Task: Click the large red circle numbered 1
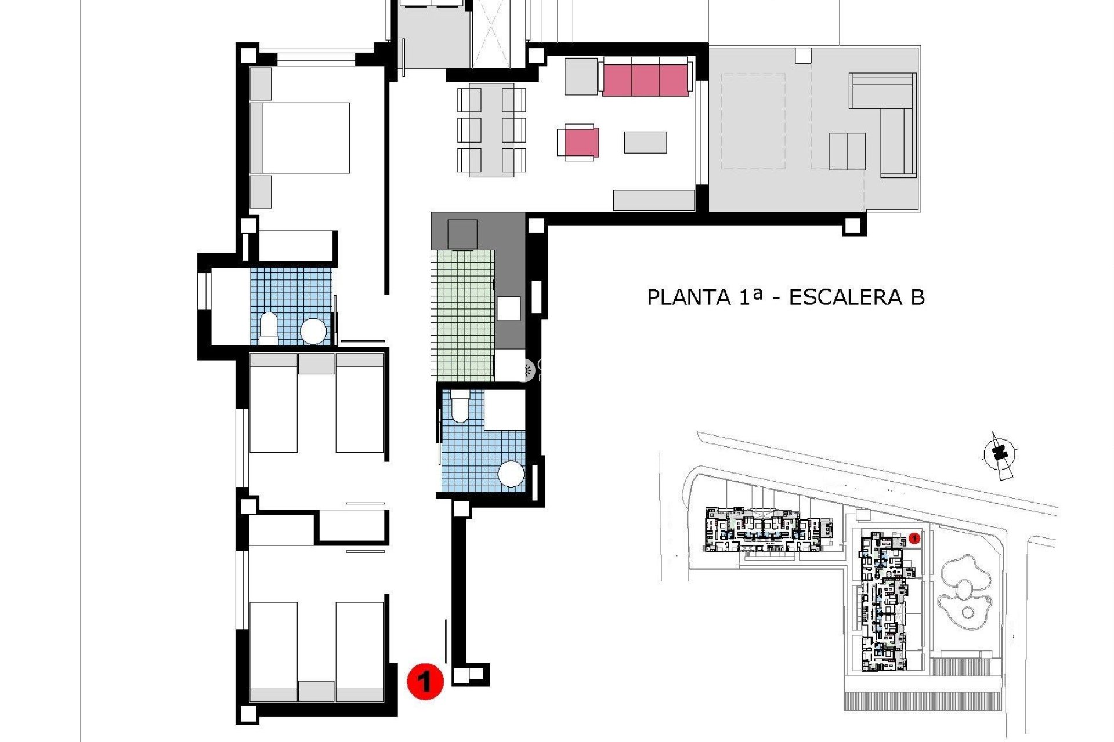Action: [425, 681]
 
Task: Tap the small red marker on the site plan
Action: [915, 539]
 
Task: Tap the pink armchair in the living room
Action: [580, 142]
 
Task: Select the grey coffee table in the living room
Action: [645, 143]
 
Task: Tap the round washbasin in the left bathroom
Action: [313, 332]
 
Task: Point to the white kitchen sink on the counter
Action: [508, 308]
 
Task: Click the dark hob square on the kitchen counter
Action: [462, 234]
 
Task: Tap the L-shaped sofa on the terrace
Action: [888, 125]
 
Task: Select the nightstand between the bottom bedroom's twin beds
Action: [316, 692]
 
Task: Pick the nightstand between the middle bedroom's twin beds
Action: [316, 363]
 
